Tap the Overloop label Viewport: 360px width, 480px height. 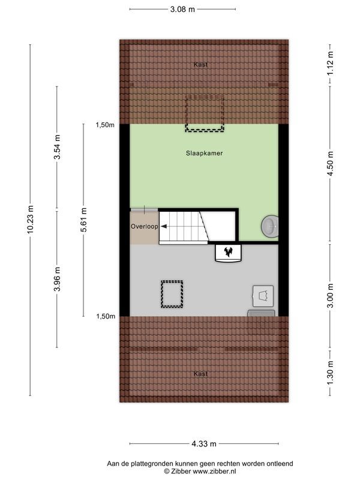coord(144,227)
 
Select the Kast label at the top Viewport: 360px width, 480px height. coord(201,64)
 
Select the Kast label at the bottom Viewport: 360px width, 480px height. coord(201,373)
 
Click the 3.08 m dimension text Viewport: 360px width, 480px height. coord(182,10)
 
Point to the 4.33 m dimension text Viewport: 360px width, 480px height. coord(204,444)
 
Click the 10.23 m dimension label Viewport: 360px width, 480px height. coord(31,221)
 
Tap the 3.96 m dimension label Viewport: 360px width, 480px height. coord(58,279)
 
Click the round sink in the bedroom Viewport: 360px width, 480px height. coord(269,226)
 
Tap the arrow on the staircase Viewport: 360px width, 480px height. coord(163,227)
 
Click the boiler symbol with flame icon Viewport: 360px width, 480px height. coord(228,253)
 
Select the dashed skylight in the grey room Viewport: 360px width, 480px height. coord(172,294)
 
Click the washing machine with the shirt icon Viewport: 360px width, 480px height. coord(262,296)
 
